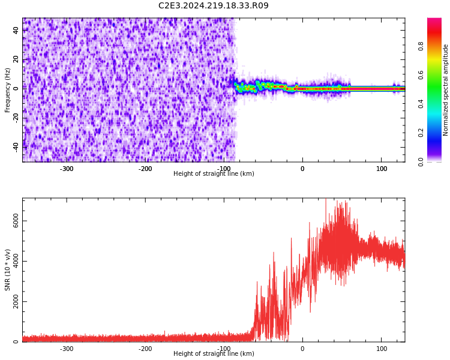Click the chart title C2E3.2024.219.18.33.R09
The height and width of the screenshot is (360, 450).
214,6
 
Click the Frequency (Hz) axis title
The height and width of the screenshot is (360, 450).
8,90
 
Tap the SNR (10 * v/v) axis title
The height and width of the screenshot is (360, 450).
8,270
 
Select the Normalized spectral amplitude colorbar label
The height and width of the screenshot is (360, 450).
446,90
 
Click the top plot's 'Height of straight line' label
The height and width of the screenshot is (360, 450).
214,174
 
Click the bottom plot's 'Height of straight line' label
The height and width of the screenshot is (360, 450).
214,354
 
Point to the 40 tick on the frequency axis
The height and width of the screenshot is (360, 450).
16,31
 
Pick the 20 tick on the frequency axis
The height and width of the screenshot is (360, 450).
16,59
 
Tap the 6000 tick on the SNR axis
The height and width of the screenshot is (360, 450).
16,221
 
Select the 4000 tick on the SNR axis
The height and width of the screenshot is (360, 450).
16,262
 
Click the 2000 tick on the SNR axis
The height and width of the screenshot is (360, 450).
16,302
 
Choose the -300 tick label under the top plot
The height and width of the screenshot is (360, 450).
67,169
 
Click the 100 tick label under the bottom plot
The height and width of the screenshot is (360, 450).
382,349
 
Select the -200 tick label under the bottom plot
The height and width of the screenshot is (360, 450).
145,349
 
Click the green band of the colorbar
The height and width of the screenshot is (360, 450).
434,90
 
